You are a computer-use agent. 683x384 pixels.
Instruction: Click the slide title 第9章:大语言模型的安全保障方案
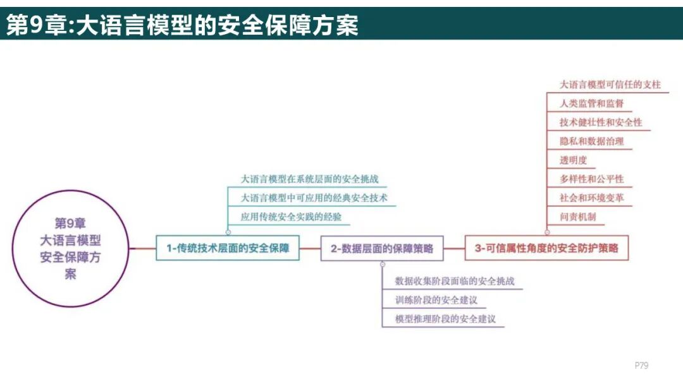coord(182,25)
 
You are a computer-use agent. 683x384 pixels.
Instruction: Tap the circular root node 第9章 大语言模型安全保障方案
coord(70,249)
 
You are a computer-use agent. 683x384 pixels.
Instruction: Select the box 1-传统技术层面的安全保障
coord(228,248)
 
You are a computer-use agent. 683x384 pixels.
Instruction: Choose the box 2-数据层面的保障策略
coord(382,249)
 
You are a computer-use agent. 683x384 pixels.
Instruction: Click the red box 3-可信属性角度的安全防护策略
coord(546,248)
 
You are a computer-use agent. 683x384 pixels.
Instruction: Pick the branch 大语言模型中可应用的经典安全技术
coord(314,198)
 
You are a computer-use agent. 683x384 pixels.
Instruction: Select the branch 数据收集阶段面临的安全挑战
coord(459,280)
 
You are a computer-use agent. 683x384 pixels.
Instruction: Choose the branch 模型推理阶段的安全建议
coord(445,318)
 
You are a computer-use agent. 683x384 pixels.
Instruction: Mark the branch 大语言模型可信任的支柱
coord(610,84)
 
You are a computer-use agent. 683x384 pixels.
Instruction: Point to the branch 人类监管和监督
coord(591,103)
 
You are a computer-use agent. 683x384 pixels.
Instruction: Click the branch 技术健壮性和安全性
coord(601,122)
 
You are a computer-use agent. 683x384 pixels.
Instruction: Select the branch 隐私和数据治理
coord(591,141)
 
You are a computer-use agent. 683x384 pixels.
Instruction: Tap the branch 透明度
coord(573,160)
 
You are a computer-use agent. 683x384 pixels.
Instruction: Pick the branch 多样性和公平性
coord(591,179)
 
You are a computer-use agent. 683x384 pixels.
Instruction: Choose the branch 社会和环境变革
coord(591,198)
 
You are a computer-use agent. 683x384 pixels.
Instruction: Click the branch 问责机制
coord(577,217)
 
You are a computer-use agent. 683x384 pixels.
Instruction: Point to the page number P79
coord(641,365)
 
